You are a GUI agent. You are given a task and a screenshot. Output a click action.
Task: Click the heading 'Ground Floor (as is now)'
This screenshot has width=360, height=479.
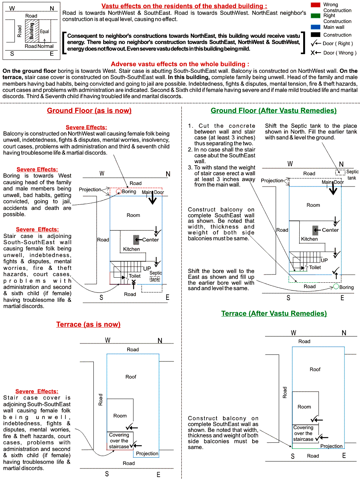point(89,111)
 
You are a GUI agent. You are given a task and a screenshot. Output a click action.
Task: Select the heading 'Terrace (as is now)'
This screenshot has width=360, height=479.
point(88,324)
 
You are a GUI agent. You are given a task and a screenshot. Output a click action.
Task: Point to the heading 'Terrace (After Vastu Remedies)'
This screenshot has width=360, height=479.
point(274,313)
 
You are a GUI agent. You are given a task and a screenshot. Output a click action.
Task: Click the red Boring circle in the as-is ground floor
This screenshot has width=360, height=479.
point(119,191)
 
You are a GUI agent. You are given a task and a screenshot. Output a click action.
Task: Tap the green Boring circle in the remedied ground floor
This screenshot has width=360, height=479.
point(336,287)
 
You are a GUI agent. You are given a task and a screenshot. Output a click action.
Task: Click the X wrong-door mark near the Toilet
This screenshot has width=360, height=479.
point(133,282)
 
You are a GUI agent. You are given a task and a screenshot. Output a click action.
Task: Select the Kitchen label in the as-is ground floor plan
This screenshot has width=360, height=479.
point(132,249)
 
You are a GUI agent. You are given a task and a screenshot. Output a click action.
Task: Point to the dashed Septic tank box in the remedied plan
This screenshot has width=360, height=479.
point(340,172)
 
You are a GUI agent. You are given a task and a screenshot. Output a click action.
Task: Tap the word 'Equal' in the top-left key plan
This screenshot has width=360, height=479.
point(44,32)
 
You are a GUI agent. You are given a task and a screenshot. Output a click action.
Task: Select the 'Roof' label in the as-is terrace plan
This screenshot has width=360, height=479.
point(131,377)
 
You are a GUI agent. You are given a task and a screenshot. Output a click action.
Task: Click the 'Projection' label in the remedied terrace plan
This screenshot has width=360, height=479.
point(331,446)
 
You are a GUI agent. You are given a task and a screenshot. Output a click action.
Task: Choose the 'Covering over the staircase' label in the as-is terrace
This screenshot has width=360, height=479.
point(119,440)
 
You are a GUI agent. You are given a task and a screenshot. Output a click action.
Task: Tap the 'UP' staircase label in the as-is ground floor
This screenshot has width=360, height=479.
point(147,268)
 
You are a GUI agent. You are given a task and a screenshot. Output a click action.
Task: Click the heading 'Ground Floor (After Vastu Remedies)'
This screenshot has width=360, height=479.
point(274,111)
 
